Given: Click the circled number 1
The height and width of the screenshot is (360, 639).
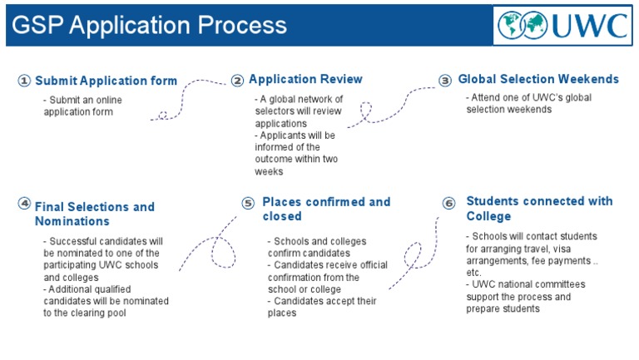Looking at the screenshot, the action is pyautogui.click(x=24, y=81).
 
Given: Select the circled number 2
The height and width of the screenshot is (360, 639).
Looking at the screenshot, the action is pyautogui.click(x=238, y=81).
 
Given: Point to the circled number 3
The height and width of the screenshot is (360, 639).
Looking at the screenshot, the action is pyautogui.click(x=446, y=81).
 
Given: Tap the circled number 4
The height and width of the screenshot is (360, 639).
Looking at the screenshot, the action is pyautogui.click(x=24, y=202).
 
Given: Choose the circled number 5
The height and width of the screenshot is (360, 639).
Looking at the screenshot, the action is pyautogui.click(x=248, y=203).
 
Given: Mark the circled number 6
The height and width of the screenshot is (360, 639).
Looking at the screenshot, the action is pyautogui.click(x=449, y=203).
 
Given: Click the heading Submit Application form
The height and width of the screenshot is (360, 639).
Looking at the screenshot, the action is pyautogui.click(x=106, y=81).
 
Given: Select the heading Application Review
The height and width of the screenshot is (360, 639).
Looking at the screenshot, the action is pyautogui.click(x=305, y=80).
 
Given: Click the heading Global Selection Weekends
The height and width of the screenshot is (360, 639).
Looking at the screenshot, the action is pyautogui.click(x=538, y=80).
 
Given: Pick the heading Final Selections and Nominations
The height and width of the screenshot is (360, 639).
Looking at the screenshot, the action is pyautogui.click(x=94, y=214).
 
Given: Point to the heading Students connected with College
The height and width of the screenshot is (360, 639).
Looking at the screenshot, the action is pyautogui.click(x=539, y=208).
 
